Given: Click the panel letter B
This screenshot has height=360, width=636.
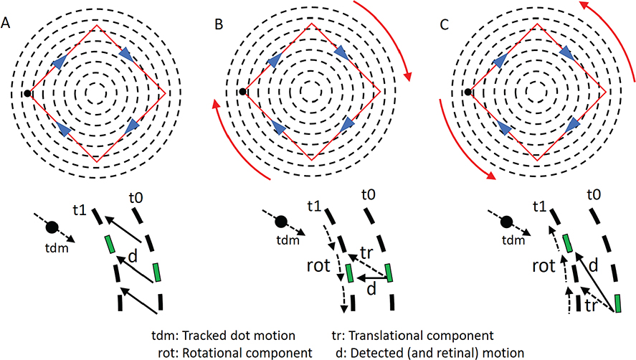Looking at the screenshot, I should click(x=219, y=25).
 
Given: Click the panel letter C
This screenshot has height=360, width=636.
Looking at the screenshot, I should click(x=445, y=25).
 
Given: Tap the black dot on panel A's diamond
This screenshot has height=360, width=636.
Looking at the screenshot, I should click(x=27, y=93).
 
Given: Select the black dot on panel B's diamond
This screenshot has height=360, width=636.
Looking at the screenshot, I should click(x=244, y=93).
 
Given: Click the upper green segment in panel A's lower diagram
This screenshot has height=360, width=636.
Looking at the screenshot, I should click(x=109, y=244).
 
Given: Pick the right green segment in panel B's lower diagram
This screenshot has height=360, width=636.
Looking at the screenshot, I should click(x=390, y=273).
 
